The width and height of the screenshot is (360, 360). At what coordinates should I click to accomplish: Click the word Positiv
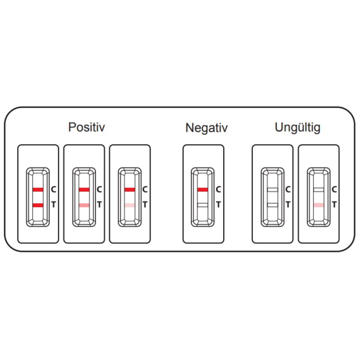86,127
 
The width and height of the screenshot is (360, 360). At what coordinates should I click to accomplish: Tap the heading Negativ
206,128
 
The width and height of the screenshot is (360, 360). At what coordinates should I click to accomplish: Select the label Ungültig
297,128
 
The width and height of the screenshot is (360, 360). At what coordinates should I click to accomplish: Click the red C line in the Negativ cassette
202,190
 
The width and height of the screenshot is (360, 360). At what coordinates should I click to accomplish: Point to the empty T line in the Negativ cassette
202,205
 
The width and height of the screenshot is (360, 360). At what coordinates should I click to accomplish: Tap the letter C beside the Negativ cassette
218,190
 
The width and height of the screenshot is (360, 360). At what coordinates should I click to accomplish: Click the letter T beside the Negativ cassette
218,204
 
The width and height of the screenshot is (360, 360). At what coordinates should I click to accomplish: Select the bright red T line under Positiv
38,205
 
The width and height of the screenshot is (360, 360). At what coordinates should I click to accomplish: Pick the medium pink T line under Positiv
84,205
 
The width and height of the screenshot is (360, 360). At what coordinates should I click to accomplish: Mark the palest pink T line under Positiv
130,205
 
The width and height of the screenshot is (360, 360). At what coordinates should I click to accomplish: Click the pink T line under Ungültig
319,205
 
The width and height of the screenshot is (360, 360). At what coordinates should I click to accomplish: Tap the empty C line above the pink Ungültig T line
319,190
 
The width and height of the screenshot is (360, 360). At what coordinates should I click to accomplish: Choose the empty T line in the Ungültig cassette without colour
272,205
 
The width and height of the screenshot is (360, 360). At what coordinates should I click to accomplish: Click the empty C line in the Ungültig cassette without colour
272,190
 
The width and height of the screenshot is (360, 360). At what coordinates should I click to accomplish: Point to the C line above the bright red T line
38,190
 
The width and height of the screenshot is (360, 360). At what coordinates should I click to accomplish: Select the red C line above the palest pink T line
130,190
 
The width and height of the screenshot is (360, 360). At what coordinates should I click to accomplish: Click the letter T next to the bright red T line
54,204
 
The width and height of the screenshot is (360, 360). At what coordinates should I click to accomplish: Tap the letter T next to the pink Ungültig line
334,204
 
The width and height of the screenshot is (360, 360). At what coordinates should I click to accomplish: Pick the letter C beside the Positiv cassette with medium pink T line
99,190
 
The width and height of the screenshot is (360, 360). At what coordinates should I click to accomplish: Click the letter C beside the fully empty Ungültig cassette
288,190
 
